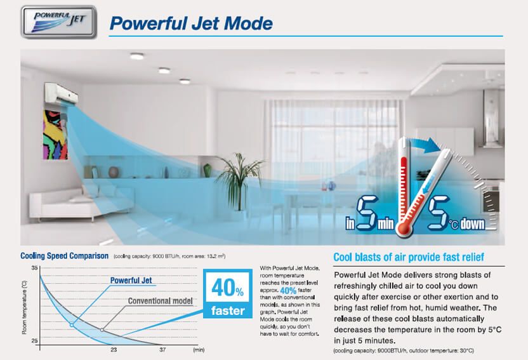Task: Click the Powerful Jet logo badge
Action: (58, 22)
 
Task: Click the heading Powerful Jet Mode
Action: (191, 23)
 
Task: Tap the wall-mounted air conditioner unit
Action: (62, 93)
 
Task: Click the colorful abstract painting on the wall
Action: (55, 135)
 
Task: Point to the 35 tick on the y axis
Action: (35, 268)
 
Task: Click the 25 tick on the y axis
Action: (35, 341)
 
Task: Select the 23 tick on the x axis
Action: (114, 350)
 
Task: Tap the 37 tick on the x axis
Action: (162, 350)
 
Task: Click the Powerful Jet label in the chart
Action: (131, 280)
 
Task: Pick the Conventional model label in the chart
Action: (161, 301)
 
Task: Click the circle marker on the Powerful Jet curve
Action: (71, 325)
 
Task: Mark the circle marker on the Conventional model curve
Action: (102, 330)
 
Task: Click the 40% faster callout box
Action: (228, 293)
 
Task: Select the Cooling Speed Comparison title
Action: (64, 256)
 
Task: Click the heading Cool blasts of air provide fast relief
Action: (409, 257)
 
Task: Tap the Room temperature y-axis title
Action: (24, 307)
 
